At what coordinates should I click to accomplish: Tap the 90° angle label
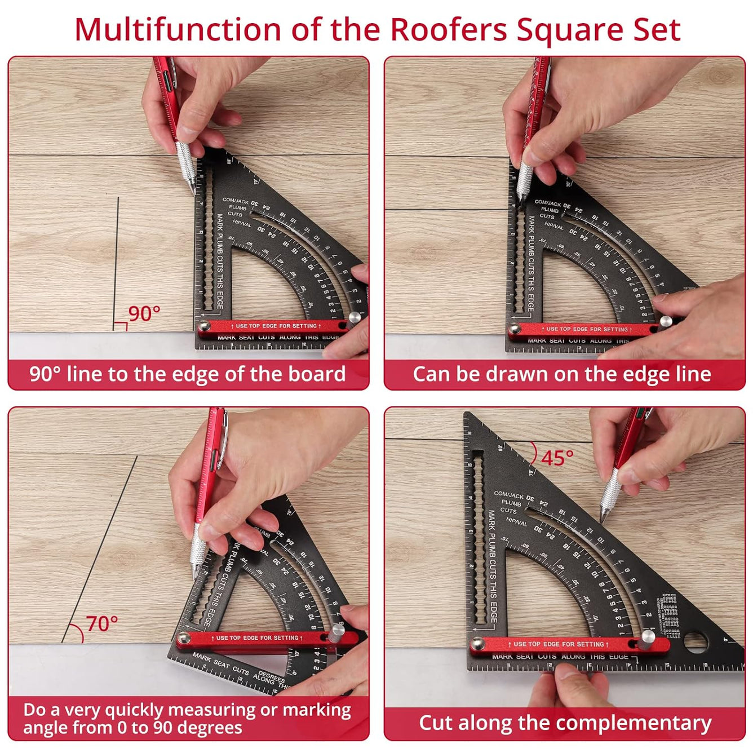click(144, 313)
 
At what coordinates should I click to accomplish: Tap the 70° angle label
click(102, 624)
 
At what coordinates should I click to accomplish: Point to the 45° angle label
click(557, 458)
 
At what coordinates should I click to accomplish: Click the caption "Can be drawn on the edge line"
click(562, 374)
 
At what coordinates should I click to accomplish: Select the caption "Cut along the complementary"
click(565, 723)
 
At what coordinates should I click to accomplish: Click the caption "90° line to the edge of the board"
click(188, 374)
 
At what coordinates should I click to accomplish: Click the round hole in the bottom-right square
click(695, 641)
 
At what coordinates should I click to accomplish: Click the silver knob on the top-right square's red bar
click(666, 322)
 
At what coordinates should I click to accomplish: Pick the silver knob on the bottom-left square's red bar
click(337, 630)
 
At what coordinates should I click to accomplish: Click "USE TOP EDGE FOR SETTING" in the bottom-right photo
click(558, 644)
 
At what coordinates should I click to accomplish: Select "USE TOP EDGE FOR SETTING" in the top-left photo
click(276, 326)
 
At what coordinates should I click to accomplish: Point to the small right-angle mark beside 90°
click(120, 326)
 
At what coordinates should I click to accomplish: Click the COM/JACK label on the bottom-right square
click(508, 495)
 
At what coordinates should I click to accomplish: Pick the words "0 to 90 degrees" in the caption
click(179, 728)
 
